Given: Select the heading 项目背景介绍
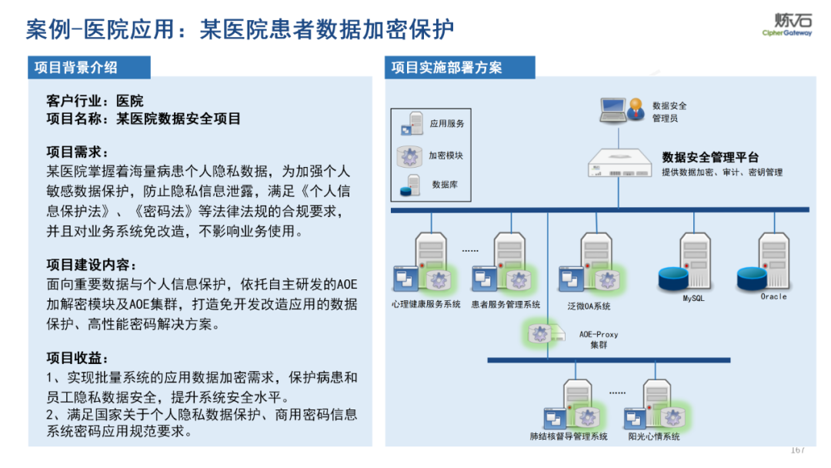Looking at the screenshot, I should tap(76, 67).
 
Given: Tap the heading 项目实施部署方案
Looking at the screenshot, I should tap(446, 67).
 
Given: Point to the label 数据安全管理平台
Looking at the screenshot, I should tap(710, 157).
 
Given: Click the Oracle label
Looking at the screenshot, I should tap(773, 296).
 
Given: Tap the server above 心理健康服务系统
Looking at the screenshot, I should tap(431, 258).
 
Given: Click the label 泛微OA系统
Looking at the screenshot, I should tap(589, 306).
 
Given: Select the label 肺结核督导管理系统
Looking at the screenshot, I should tap(569, 436).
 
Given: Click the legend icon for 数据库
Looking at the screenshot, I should tap(410, 185).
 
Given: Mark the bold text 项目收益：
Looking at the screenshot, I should tap(78, 358).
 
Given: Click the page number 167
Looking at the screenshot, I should tap(797, 450).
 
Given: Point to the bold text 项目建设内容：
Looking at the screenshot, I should tap(92, 265).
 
